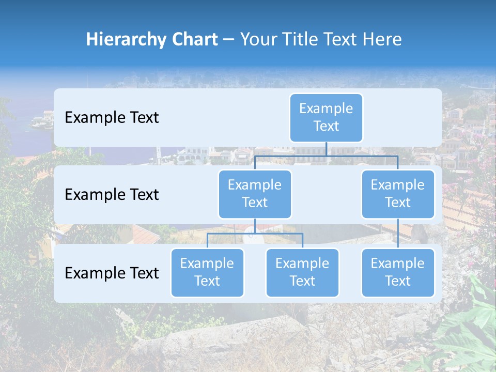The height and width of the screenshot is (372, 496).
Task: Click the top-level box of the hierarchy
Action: pos(326,117)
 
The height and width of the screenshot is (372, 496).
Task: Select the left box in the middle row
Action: pos(255,194)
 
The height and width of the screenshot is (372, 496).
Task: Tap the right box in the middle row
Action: pos(398,194)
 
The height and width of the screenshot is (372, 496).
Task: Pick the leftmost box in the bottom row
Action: pos(207,272)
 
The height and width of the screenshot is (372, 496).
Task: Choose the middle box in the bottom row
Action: pos(302,272)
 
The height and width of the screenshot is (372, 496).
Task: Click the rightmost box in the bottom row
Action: pos(398,272)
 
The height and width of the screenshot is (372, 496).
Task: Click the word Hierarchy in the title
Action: pos(123,40)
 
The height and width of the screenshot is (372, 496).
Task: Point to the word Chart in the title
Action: pos(192,39)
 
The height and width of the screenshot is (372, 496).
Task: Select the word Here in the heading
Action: pos(383,39)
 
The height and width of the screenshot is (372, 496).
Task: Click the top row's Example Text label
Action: pos(112,118)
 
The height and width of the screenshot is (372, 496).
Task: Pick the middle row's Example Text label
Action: pos(112,194)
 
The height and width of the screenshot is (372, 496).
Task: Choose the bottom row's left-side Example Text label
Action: pos(112,273)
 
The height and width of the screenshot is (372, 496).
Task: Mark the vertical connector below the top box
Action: pos(326,149)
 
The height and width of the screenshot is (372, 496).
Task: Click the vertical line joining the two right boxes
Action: pos(398,233)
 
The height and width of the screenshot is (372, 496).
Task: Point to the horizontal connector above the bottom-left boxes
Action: pos(255,234)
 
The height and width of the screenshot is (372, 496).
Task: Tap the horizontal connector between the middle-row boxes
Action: pos(326,156)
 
